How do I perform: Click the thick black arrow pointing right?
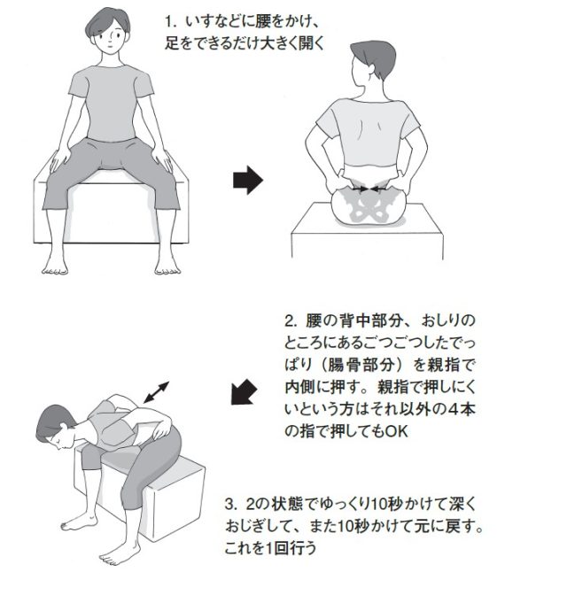pyautogui.click(x=247, y=180)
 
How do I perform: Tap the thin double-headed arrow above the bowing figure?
pyautogui.click(x=156, y=392)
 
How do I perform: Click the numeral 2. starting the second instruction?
pyautogui.click(x=291, y=321)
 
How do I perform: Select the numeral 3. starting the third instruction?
pyautogui.click(x=231, y=505)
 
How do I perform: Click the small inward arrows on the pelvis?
pyautogui.click(x=368, y=189)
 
